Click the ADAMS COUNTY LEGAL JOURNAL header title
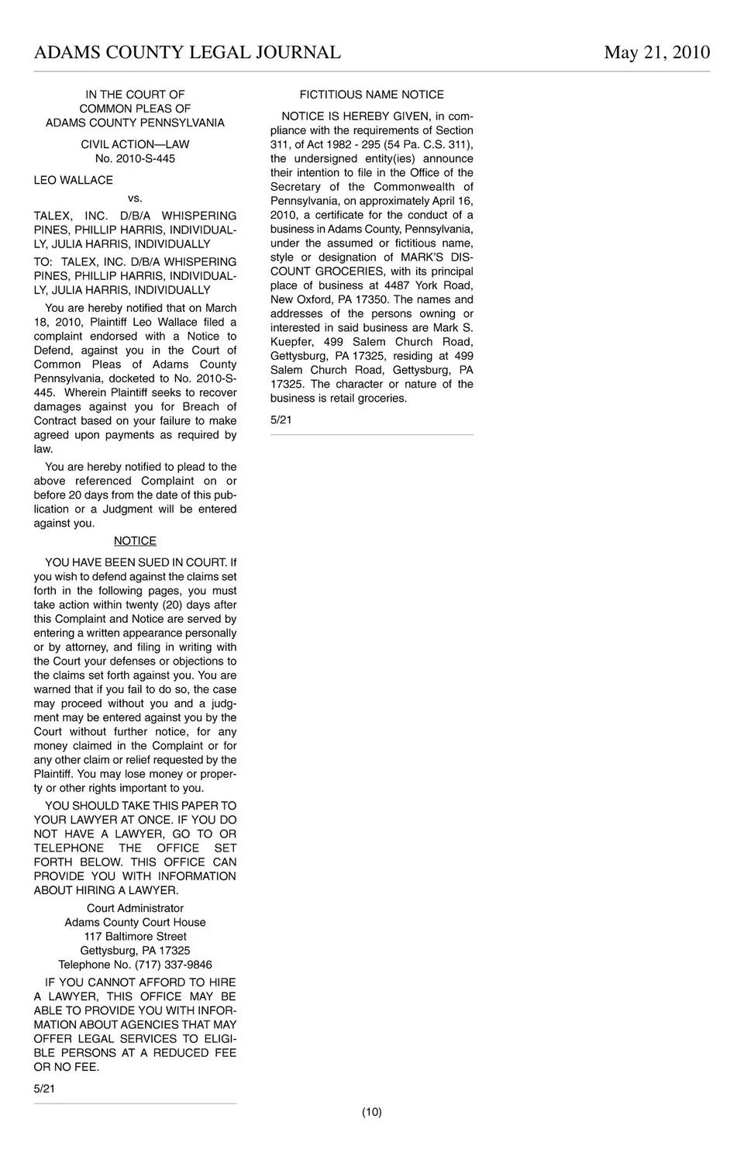tap(187, 52)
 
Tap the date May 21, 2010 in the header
tap(656, 52)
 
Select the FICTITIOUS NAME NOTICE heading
tap(371, 95)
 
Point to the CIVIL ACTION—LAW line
tap(135, 144)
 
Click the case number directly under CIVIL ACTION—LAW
tap(135, 158)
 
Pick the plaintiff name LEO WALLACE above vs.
tap(73, 180)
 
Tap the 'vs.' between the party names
tap(135, 198)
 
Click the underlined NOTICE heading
tap(135, 540)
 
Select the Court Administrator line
tap(135, 908)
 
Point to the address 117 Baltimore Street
tap(135, 936)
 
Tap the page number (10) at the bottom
tap(371, 1112)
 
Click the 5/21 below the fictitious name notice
tap(281, 420)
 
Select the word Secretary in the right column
tap(295, 187)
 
